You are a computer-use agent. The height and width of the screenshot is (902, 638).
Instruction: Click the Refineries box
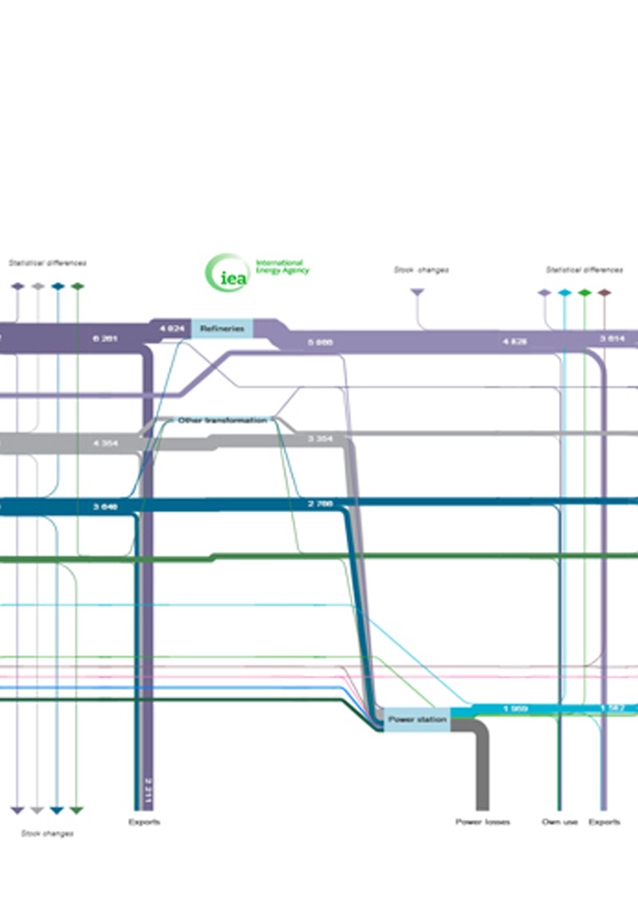[222, 328]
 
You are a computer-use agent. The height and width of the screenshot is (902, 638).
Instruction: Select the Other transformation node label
[222, 419]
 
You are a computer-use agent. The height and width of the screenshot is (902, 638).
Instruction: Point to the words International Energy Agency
[281, 266]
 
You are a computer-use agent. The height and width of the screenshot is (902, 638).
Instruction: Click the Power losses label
[482, 821]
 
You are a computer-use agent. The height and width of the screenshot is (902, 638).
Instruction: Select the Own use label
[559, 821]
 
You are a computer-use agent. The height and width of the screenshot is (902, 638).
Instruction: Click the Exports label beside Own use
[604, 821]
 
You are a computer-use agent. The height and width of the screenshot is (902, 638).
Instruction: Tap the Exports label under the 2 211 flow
[144, 821]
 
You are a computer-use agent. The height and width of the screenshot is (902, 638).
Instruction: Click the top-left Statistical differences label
[47, 262]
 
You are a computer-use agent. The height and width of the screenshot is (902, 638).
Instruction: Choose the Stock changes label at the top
[421, 270]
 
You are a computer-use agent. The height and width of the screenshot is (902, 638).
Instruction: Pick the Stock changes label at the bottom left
[47, 833]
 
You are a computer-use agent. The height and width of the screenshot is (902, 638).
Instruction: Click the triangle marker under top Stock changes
[416, 293]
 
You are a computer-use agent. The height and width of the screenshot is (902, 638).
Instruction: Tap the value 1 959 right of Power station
[516, 708]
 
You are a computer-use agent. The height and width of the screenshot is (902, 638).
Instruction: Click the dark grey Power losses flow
[481, 766]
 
